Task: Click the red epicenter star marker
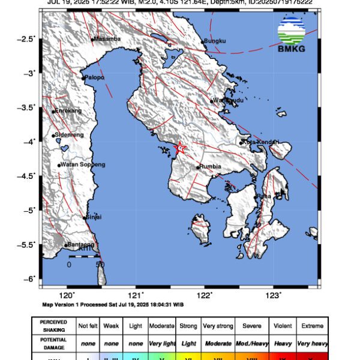click(179, 148)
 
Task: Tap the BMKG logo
click(291, 35)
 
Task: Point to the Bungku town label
click(215, 41)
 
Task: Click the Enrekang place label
click(67, 111)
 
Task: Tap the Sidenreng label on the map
click(69, 135)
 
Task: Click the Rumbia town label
click(211, 167)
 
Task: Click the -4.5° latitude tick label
click(28, 176)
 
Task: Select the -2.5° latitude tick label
click(28, 39)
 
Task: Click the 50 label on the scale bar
click(100, 264)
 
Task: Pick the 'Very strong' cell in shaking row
click(218, 326)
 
